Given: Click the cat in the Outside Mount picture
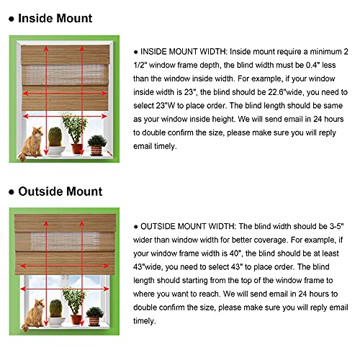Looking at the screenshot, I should point(31,310).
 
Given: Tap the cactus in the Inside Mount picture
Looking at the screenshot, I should point(55,139).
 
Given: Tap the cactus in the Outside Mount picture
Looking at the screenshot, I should point(54,310).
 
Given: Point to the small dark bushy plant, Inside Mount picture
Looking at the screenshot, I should point(95,145).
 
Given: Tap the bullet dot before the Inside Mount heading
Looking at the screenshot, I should point(9,18).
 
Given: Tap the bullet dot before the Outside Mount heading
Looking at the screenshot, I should point(9,192).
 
